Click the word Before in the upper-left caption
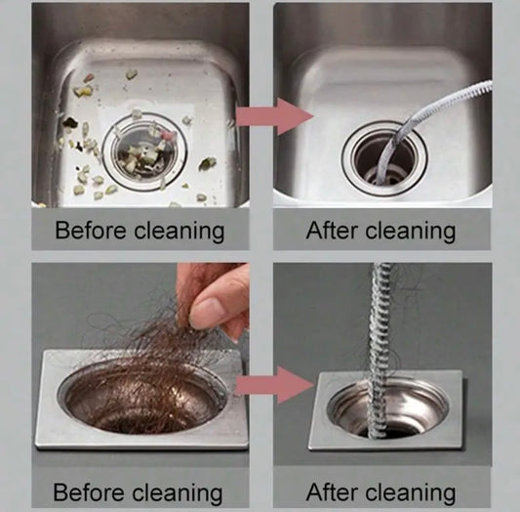(90, 230)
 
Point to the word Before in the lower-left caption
(89, 491)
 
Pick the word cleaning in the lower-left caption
(178, 493)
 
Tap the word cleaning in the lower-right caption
(411, 493)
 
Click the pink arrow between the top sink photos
(274, 116)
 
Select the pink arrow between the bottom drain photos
(274, 385)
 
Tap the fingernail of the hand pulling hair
(207, 307)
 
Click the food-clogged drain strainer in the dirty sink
(144, 151)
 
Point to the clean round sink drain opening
(384, 157)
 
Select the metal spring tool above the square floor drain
(379, 349)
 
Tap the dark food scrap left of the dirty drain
(69, 122)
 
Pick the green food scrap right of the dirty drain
(208, 163)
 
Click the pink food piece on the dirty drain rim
(169, 135)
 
